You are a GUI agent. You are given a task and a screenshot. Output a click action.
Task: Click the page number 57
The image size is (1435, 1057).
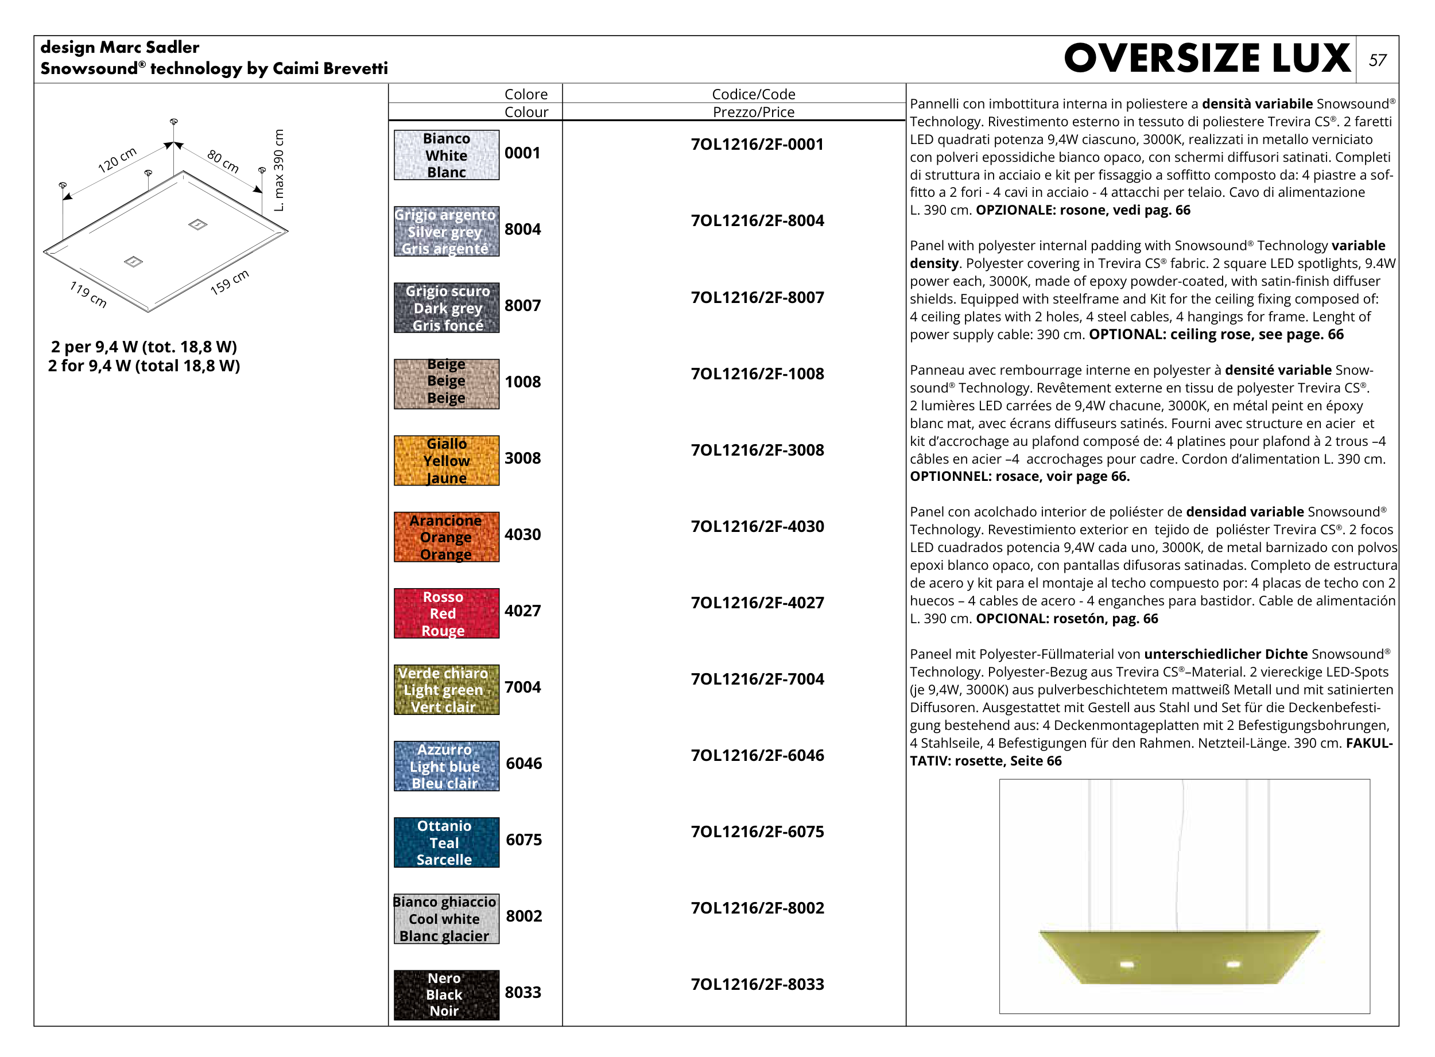click(x=1377, y=60)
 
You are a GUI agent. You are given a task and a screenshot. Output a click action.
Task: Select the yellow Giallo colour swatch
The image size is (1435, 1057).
click(x=446, y=461)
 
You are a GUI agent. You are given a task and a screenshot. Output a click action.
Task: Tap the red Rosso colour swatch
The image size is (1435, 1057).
click(x=446, y=613)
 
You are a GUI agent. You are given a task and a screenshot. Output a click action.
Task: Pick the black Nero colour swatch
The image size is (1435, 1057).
click(x=446, y=994)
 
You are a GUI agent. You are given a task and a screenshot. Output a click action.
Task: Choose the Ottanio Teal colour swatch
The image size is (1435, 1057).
click(x=446, y=842)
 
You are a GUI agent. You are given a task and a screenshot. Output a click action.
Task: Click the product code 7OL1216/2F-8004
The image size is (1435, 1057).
click(x=757, y=221)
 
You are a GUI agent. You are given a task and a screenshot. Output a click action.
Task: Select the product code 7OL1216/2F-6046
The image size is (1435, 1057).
click(x=757, y=756)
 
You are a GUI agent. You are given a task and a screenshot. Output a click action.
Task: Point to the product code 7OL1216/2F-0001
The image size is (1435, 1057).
click(x=757, y=145)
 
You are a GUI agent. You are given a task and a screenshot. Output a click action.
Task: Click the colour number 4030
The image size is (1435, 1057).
click(x=522, y=534)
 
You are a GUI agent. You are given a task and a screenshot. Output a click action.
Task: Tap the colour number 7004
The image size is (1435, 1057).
click(x=522, y=687)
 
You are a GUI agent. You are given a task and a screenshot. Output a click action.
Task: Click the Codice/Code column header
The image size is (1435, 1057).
click(x=753, y=94)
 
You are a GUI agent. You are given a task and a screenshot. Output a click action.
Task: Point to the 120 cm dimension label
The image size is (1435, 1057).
click(x=117, y=160)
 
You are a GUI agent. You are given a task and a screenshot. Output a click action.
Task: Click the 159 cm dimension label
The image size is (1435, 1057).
click(x=229, y=282)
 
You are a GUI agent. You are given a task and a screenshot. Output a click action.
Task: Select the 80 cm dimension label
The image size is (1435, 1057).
click(x=223, y=161)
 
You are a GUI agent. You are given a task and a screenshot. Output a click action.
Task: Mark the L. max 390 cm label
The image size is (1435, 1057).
click(x=278, y=170)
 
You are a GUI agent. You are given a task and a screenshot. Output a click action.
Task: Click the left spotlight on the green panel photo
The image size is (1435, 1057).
click(x=1127, y=964)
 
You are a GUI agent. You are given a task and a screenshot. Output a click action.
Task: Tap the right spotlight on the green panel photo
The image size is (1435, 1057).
click(x=1234, y=963)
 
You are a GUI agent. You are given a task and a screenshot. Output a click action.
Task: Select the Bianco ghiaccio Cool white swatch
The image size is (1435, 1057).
click(x=446, y=919)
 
